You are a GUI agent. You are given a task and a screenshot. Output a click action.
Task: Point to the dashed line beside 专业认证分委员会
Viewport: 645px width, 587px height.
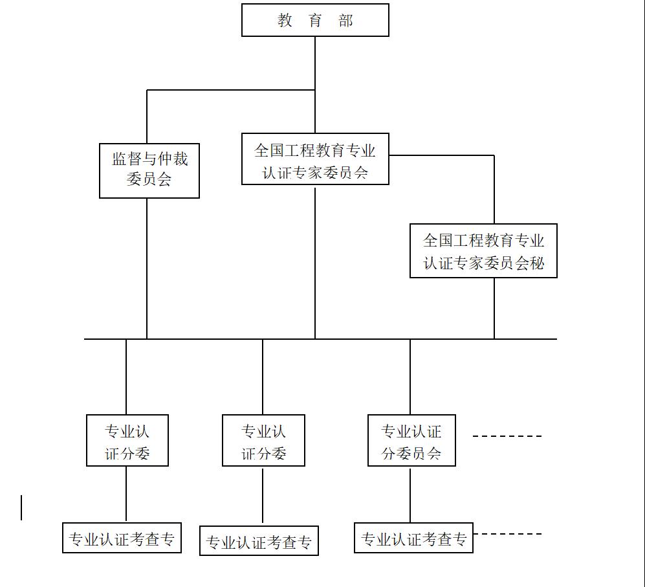click(507, 436)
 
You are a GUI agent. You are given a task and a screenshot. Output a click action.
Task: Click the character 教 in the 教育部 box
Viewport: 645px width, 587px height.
click(285, 20)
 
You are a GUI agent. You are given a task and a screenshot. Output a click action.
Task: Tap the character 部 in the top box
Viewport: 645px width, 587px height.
click(345, 20)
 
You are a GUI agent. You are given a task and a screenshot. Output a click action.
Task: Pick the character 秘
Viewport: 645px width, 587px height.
click(537, 263)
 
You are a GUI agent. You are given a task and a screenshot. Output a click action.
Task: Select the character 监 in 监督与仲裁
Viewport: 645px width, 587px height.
click(119, 159)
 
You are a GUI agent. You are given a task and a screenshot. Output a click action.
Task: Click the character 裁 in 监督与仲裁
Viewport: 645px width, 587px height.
click(180, 159)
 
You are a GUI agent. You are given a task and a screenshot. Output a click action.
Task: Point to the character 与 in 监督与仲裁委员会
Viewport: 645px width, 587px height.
click(149, 159)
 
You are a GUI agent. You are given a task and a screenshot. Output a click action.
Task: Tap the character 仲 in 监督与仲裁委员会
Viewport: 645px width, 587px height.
click(165, 159)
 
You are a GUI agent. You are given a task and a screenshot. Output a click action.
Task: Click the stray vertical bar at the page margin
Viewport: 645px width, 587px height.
click(21, 507)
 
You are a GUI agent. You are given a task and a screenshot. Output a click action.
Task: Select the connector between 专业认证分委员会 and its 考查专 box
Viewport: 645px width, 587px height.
click(410, 495)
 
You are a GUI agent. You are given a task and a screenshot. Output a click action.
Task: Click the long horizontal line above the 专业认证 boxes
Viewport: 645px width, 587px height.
click(320, 339)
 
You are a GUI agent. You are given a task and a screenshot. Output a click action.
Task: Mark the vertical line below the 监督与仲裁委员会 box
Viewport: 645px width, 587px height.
click(147, 269)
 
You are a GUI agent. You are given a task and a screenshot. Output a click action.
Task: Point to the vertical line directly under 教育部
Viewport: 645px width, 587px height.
click(315, 85)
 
